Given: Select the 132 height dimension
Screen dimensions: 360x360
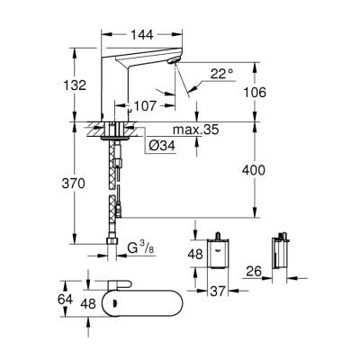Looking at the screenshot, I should coord(77,85).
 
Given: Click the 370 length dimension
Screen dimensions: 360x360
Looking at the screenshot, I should coord(76,183).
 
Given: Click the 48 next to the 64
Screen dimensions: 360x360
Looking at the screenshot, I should coord(86,304).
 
